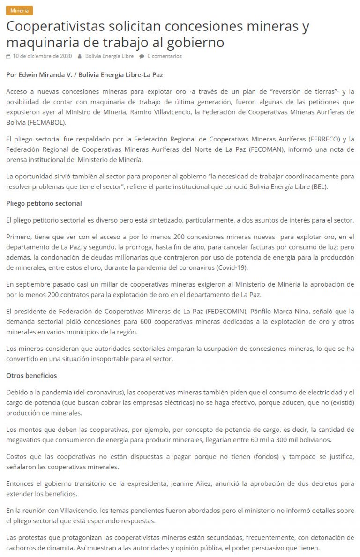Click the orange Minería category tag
coord(19,11)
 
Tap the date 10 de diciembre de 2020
coord(42,56)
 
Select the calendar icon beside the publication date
coord(8,56)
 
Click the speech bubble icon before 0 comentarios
coord(142,56)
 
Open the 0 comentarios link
coord(165,56)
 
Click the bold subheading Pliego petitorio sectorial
coord(44,203)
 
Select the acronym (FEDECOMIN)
coord(221,312)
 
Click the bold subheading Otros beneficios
coord(31,375)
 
